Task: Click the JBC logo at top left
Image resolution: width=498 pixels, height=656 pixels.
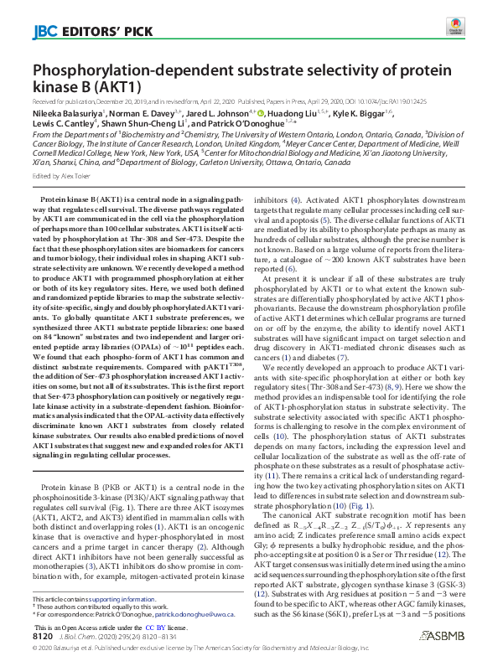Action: pos(44,33)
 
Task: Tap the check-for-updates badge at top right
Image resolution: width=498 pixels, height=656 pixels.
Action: pos(455,29)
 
